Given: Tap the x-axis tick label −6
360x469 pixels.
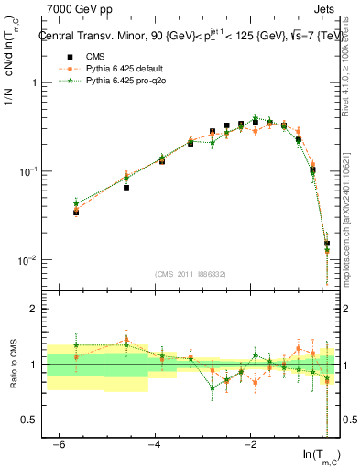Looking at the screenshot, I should pyautogui.click(x=60, y=444).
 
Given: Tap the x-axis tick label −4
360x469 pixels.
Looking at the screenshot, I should pyautogui.click(x=155, y=444).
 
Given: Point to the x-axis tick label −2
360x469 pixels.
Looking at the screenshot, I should pyautogui.click(x=250, y=444).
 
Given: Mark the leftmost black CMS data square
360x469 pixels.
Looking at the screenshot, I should pyautogui.click(x=76, y=212).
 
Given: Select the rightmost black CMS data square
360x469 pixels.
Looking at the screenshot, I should pyautogui.click(x=327, y=244).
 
